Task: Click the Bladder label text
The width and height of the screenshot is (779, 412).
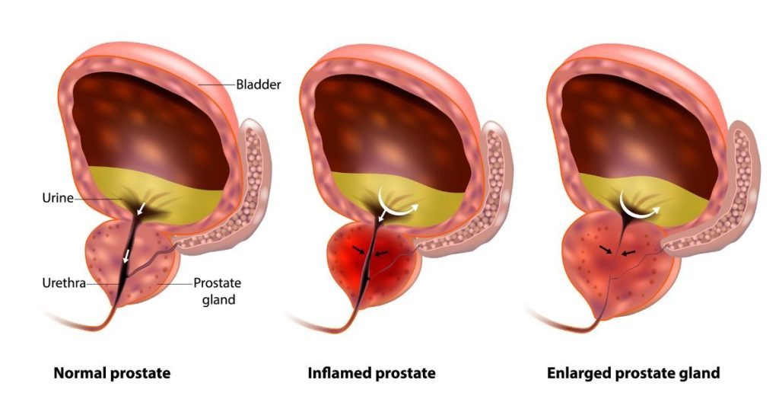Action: coord(259,85)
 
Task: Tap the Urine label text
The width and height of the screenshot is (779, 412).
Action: coord(58,199)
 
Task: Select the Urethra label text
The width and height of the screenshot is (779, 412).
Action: coord(64,283)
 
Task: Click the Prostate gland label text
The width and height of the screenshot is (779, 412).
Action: coord(218,292)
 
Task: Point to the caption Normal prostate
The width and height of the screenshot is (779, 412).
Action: coord(112,373)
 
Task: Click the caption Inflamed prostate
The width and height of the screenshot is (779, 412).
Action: coord(371,373)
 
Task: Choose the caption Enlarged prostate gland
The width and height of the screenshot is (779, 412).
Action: coord(634,373)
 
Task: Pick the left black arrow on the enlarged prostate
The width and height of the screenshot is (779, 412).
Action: coord(606,249)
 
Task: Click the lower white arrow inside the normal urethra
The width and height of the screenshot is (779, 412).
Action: coord(127,256)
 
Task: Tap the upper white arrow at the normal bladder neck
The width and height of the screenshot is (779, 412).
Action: coord(142,208)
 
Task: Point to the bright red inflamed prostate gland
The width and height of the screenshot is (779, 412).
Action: coord(370,267)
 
